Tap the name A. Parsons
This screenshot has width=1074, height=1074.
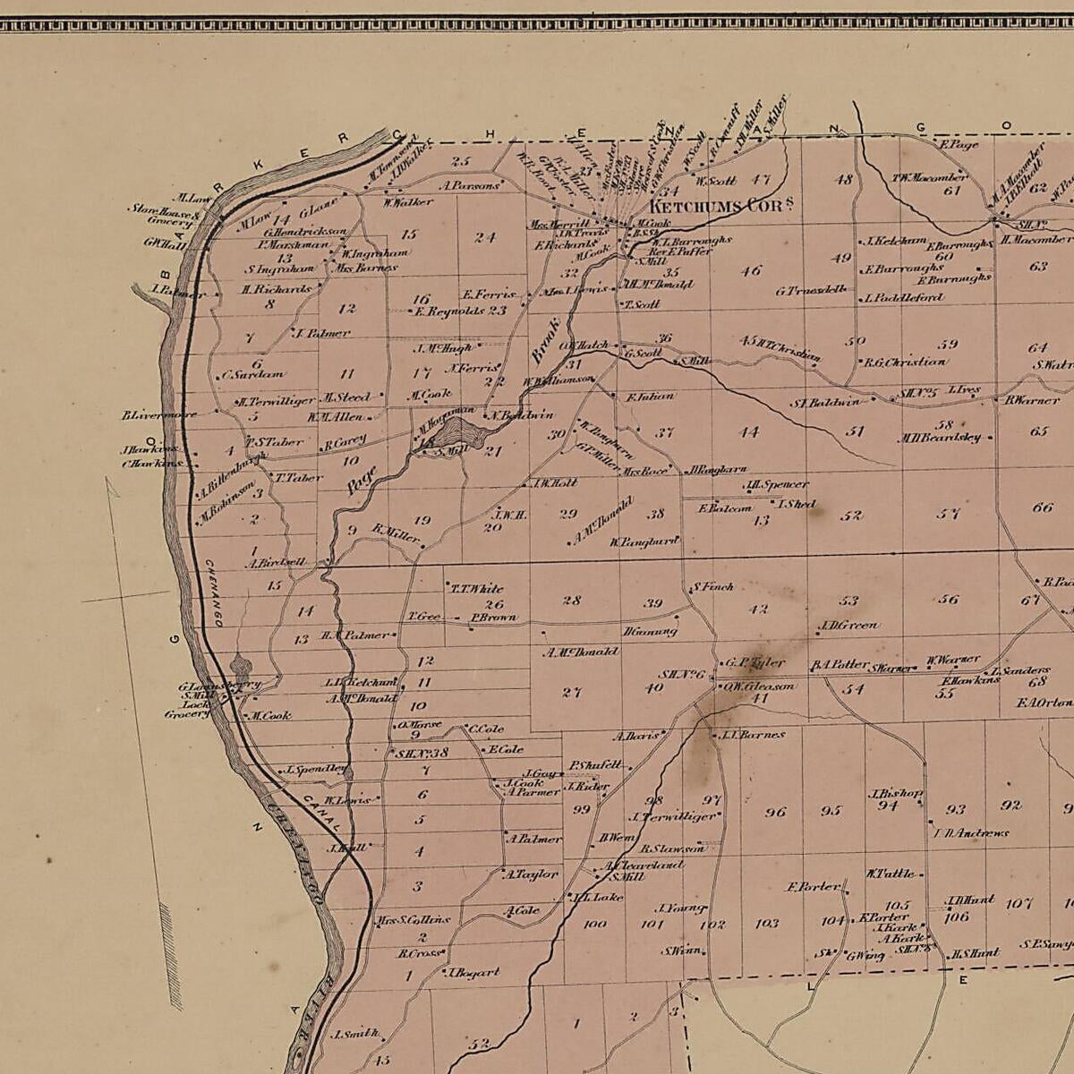pyautogui.click(x=468, y=186)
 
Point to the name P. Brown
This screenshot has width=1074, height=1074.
pyautogui.click(x=493, y=618)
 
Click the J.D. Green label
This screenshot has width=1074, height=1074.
pyautogui.click(x=848, y=626)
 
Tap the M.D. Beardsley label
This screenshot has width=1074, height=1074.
pyautogui.click(x=944, y=438)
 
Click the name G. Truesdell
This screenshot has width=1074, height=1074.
pyautogui.click(x=811, y=291)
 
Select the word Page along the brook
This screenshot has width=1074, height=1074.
pyautogui.click(x=362, y=480)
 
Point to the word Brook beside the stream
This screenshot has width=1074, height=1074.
pyautogui.click(x=544, y=341)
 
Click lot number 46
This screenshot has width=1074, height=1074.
pyautogui.click(x=750, y=270)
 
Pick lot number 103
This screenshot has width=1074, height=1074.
pyautogui.click(x=767, y=923)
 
